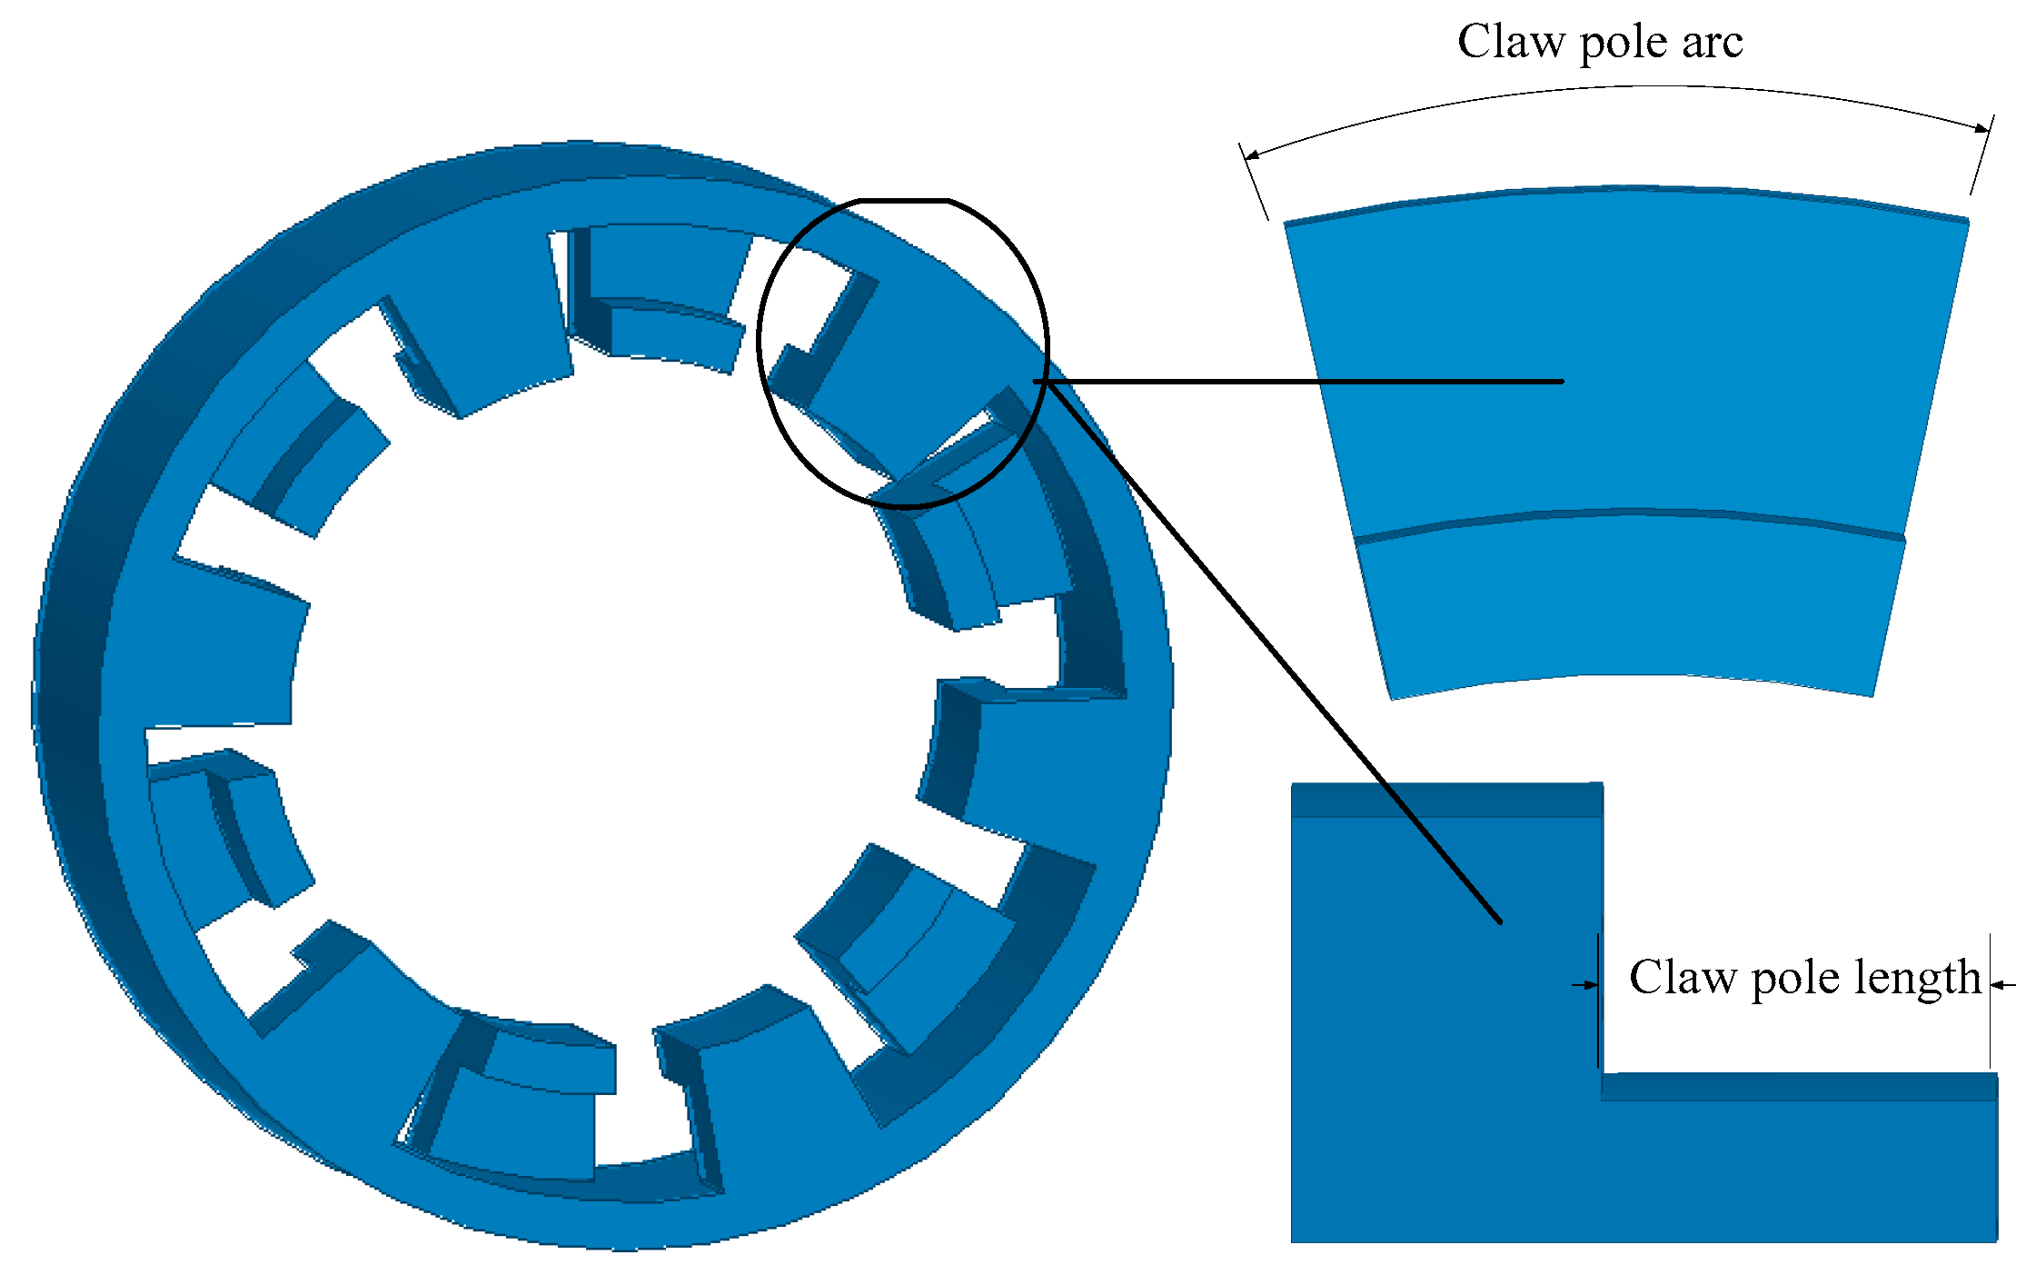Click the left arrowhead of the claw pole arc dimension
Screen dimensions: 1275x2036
pyautogui.click(x=1251, y=155)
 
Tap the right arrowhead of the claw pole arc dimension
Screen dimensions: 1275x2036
pyautogui.click(x=1982, y=128)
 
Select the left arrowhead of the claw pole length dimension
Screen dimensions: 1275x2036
pyautogui.click(x=1589, y=984)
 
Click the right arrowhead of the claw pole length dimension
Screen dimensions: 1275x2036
pyautogui.click(x=1998, y=984)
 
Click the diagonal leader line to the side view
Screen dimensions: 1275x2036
pyautogui.click(x=1272, y=650)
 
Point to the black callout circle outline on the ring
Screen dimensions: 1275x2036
pyautogui.click(x=760, y=345)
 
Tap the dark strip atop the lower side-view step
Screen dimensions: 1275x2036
pyautogui.click(x=1799, y=1087)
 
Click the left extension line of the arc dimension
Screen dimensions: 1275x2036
pyautogui.click(x=1255, y=182)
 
